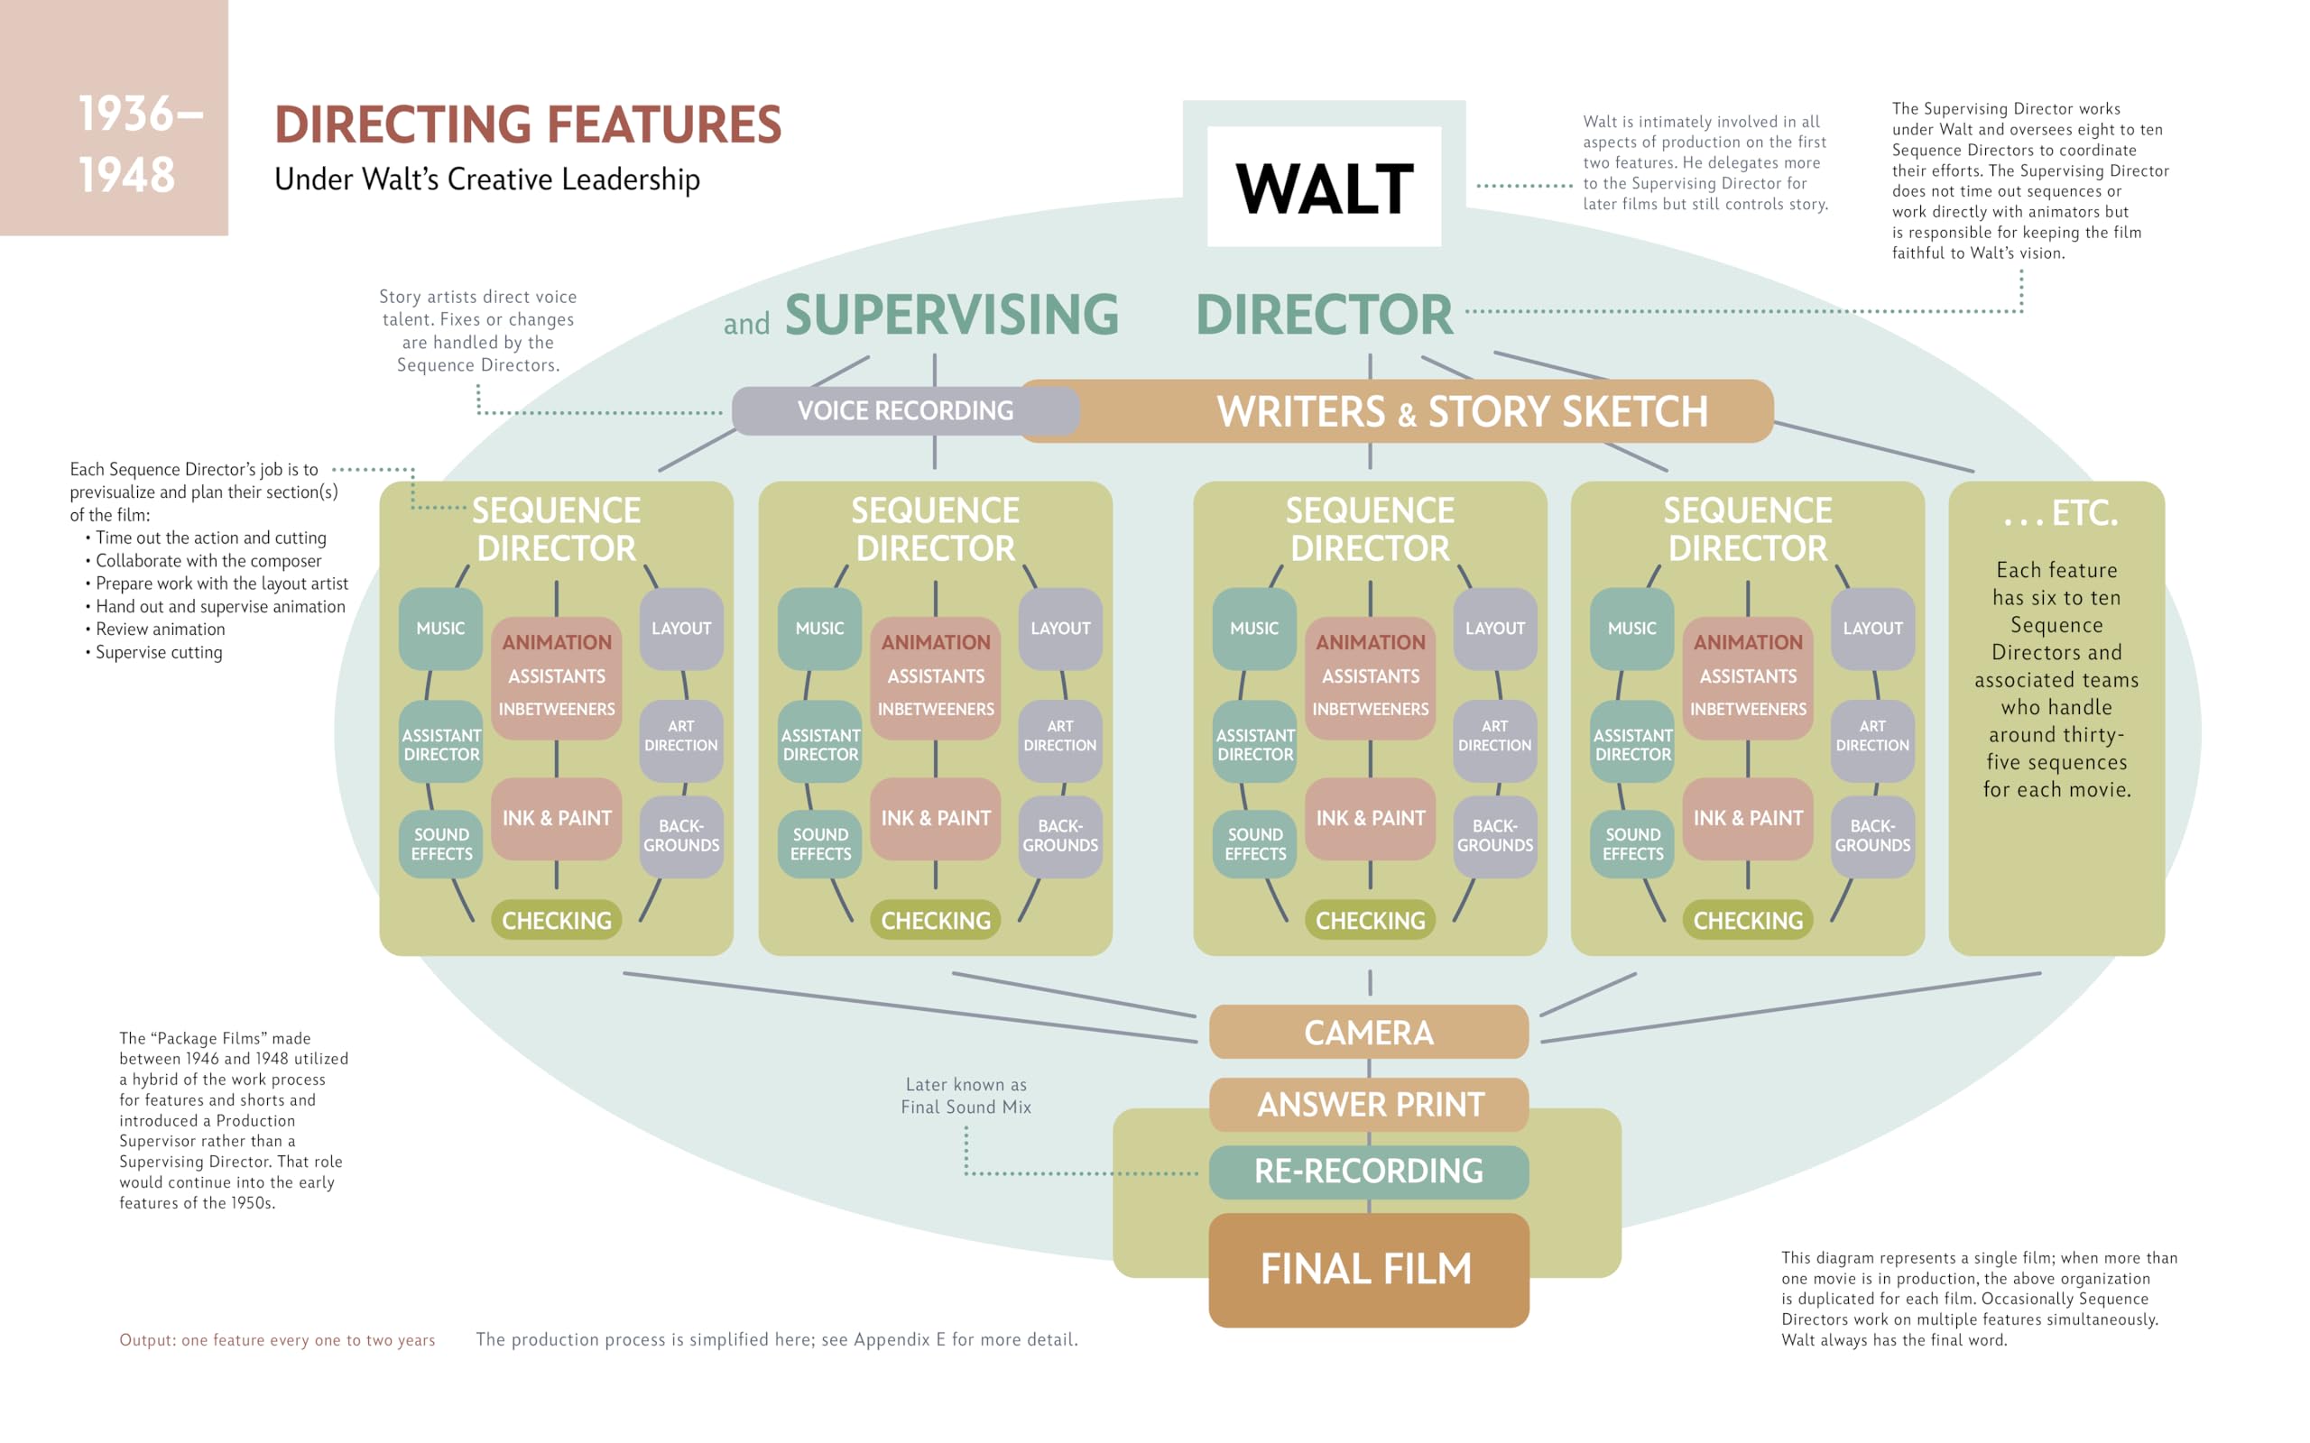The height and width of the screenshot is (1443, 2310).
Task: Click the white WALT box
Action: click(1324, 187)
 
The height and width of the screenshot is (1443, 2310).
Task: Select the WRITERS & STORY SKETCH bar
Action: click(1461, 411)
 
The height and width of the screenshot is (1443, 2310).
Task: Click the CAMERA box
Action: click(1368, 1033)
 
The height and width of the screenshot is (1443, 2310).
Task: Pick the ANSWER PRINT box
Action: click(1368, 1104)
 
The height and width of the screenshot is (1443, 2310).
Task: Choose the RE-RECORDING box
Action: click(1368, 1171)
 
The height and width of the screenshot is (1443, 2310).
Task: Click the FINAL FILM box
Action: click(1368, 1269)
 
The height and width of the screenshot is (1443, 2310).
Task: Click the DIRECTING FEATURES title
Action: click(528, 125)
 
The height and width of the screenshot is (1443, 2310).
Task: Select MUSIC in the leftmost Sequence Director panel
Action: click(440, 629)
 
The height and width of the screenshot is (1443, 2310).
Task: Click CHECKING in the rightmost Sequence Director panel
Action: click(1748, 921)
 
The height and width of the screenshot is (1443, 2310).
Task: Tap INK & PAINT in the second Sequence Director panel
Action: click(936, 819)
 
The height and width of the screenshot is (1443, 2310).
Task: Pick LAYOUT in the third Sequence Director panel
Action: click(1495, 629)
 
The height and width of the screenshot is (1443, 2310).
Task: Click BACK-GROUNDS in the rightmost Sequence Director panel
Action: click(1871, 836)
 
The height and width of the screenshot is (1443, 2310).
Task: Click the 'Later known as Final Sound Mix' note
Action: click(966, 1096)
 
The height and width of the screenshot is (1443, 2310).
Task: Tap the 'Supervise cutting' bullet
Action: click(159, 653)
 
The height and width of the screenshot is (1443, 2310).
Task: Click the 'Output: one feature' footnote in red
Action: click(277, 1340)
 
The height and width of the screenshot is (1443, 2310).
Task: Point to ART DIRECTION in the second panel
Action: click(1059, 736)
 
